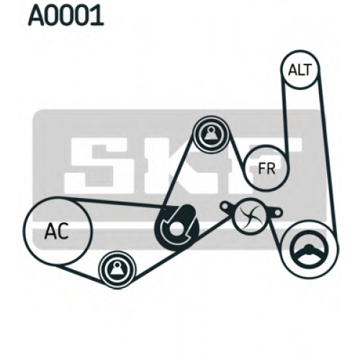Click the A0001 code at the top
click(66, 16)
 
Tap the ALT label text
click(300, 70)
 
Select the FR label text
click(266, 168)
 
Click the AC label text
click(57, 231)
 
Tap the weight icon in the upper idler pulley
click(211, 135)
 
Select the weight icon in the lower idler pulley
click(117, 269)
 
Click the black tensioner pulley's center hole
click(176, 228)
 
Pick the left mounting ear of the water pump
click(227, 207)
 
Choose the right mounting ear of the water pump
click(276, 212)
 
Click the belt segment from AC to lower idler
click(79, 273)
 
